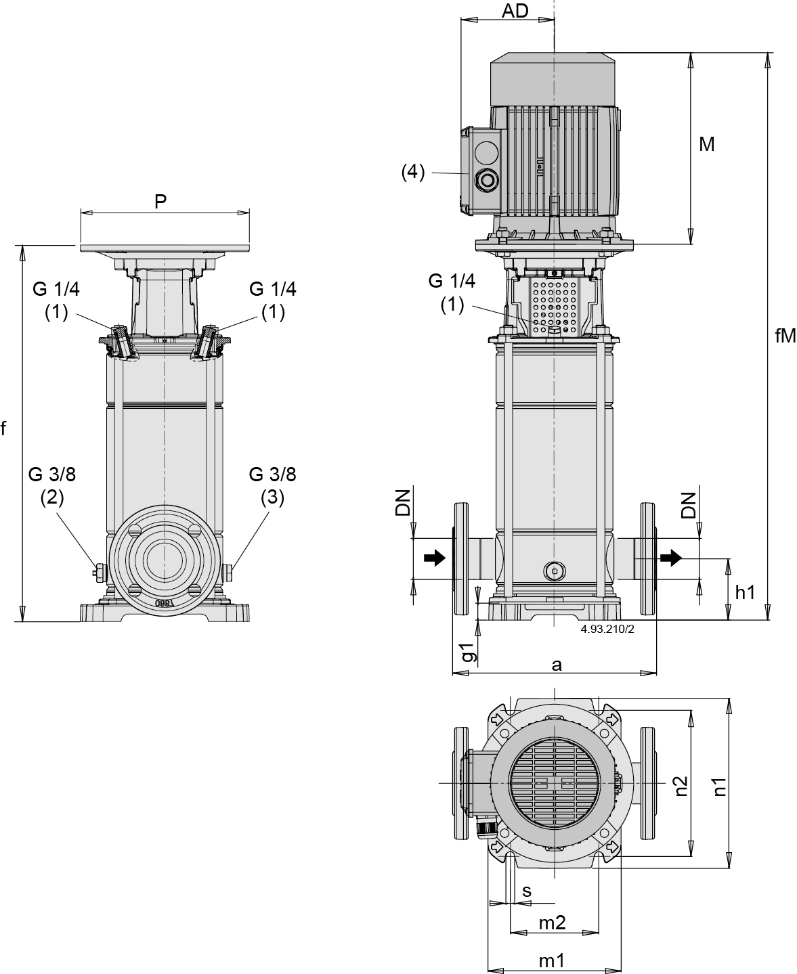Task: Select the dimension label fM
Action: (x=785, y=336)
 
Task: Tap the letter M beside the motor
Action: (x=706, y=144)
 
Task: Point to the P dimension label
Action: (x=160, y=201)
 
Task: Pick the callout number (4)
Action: (x=413, y=173)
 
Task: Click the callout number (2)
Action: (x=52, y=497)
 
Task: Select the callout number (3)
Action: (x=272, y=497)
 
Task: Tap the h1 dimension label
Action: (x=745, y=592)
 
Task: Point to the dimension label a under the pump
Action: (x=556, y=665)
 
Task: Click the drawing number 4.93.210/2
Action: (x=607, y=628)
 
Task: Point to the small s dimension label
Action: (x=527, y=891)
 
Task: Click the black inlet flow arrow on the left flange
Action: (x=435, y=558)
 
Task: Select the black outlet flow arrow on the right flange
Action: (x=670, y=558)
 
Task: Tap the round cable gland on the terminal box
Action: (x=487, y=180)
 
